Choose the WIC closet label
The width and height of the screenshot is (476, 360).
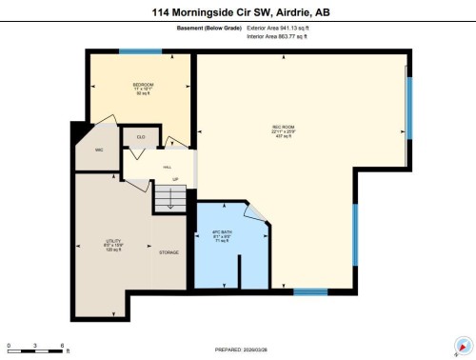98,150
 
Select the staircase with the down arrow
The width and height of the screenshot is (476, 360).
170,198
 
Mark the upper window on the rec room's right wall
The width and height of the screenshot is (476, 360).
409,107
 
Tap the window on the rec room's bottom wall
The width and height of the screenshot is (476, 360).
310,290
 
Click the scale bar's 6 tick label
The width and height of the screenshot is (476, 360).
63,345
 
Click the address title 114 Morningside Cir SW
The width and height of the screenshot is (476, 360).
238,12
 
